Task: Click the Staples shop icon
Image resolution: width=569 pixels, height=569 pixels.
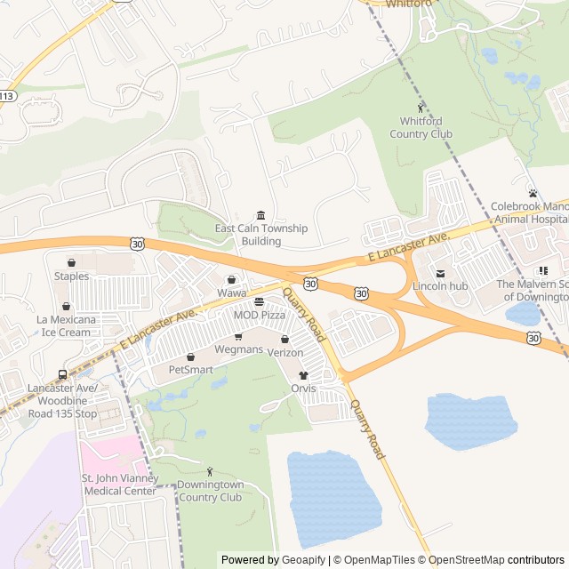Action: [x=71, y=263]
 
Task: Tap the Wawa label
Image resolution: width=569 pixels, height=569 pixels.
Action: [x=231, y=293]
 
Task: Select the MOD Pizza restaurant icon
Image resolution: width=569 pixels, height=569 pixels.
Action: [x=259, y=303]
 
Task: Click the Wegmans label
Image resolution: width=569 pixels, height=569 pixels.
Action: [x=238, y=349]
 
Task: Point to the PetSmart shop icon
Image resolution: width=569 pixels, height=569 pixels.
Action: [x=190, y=357]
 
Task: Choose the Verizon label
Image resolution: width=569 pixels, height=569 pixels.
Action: [x=285, y=353]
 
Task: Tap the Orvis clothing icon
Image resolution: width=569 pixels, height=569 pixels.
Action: [x=303, y=376]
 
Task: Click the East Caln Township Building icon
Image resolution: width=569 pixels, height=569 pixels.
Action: [x=260, y=215]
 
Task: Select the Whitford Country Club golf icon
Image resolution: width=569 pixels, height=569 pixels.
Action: [x=421, y=108]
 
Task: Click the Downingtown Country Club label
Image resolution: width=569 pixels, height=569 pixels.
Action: [x=209, y=492]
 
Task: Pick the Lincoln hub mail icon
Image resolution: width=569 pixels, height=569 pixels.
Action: [x=440, y=273]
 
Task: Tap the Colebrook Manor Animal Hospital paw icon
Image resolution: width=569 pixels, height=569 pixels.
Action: [x=533, y=193]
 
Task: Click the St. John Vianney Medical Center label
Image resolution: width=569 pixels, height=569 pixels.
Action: [x=119, y=485]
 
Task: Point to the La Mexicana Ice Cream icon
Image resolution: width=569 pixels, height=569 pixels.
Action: [x=66, y=306]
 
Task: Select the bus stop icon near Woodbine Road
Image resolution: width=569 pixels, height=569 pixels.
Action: [x=61, y=374]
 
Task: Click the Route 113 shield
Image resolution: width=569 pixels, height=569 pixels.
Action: [x=6, y=95]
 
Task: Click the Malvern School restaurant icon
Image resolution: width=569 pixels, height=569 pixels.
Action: [x=541, y=270]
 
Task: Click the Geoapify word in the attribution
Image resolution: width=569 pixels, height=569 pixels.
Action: [x=304, y=560]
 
